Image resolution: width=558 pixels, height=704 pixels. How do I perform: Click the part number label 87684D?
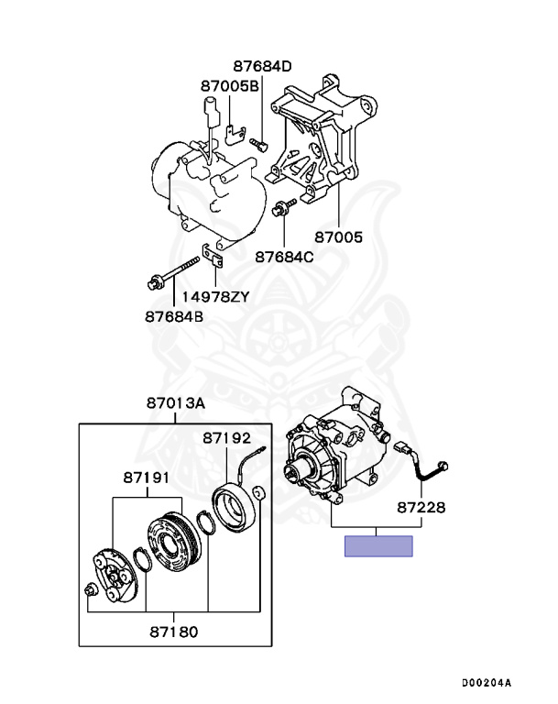261,66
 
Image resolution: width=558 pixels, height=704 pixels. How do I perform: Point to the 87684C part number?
284,258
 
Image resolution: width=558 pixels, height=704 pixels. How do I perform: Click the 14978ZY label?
214,297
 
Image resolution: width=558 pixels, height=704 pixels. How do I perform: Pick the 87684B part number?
174,317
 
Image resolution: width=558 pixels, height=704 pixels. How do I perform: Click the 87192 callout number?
227,438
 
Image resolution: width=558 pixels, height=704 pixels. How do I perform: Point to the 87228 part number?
421,506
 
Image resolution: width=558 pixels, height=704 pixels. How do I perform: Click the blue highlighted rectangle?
378,546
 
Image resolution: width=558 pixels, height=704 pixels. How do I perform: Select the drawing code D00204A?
486,682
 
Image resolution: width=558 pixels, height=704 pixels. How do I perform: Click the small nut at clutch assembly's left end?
90,589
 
